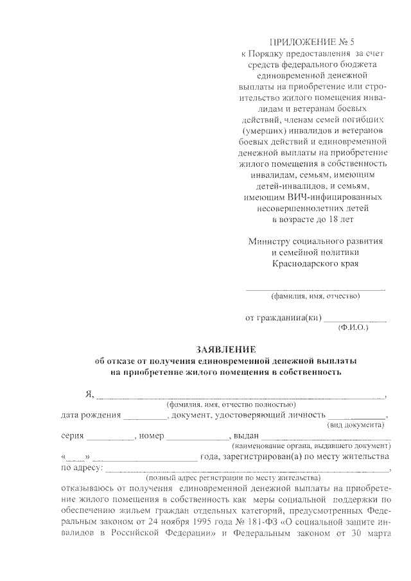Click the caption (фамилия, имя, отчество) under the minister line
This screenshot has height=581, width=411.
click(x=315, y=297)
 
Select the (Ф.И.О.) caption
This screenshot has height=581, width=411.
click(x=353, y=327)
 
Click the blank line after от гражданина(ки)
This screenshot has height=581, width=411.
click(x=354, y=318)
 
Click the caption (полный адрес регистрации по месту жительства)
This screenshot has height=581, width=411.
click(x=233, y=478)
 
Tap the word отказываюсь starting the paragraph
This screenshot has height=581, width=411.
click(x=91, y=489)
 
